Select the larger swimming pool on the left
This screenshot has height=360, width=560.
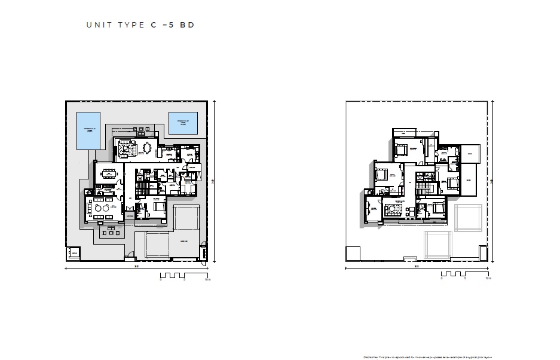pos(89,131)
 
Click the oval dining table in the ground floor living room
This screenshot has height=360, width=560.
pos(148,147)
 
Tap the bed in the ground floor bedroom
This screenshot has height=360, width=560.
pos(159,206)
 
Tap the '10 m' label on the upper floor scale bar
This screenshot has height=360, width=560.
pos(488,279)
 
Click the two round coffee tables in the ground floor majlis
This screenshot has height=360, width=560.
pos(102,209)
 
